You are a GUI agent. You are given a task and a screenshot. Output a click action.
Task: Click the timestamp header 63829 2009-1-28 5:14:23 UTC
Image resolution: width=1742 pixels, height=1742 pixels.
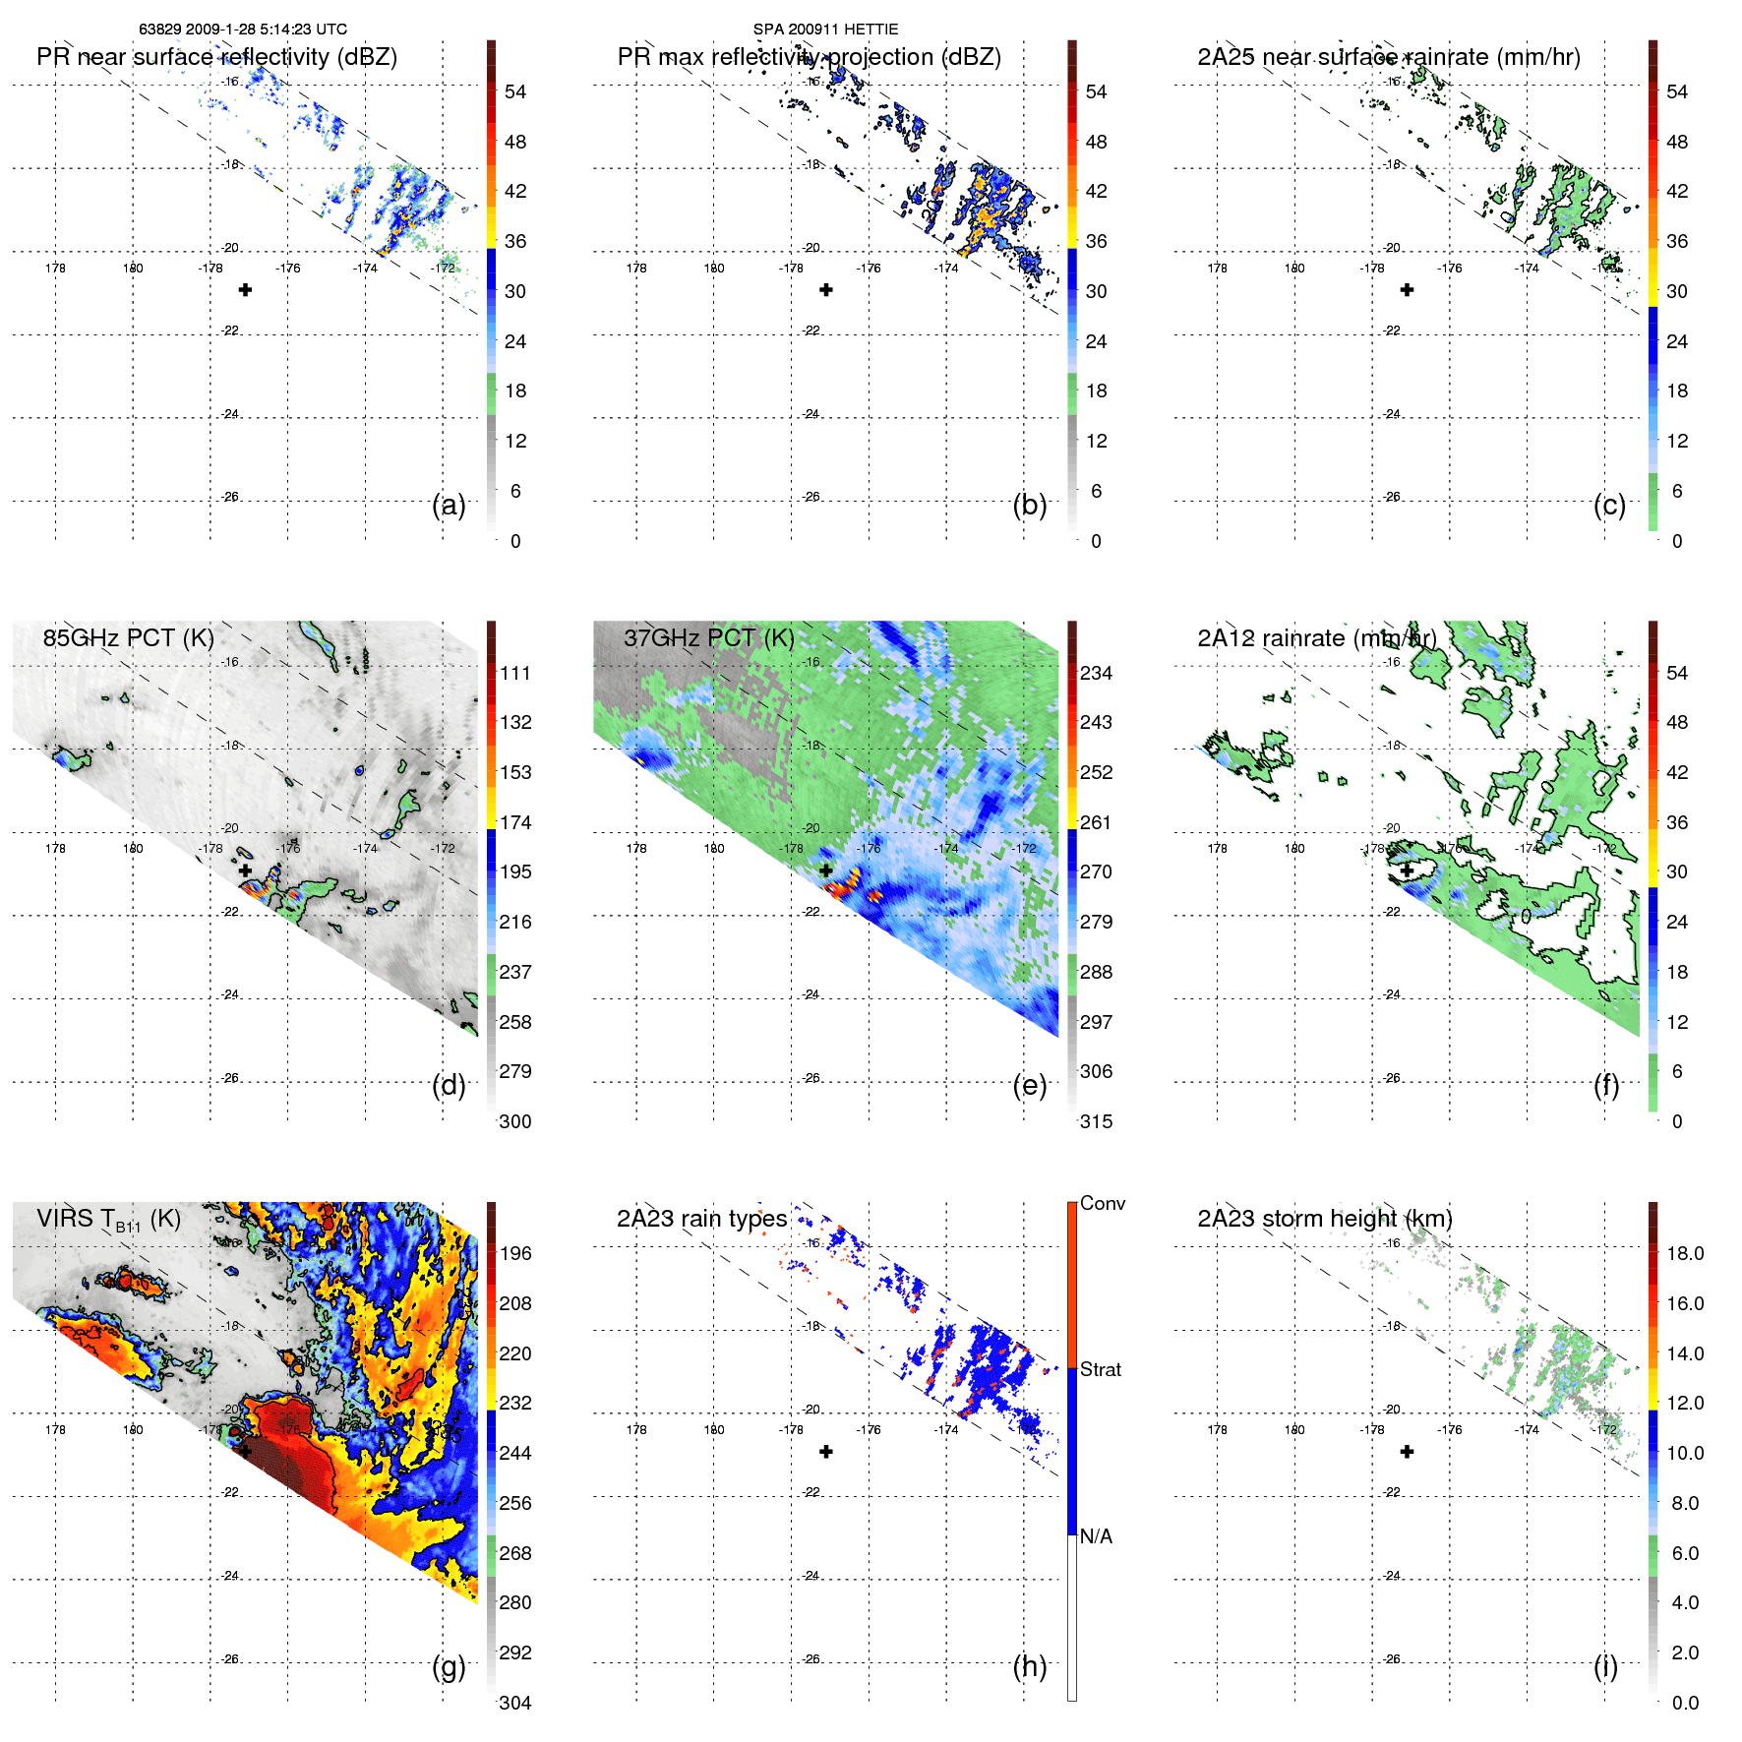pos(243,30)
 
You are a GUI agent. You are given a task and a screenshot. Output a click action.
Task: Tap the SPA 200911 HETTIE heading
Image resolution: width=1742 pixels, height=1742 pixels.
pos(825,30)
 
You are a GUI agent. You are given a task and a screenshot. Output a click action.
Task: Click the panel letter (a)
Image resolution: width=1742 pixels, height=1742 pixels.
pos(449,506)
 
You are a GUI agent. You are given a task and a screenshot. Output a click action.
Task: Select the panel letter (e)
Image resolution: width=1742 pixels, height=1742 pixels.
pos(1029,1086)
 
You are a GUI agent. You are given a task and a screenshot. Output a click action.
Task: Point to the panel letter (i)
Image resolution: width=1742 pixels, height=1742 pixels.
pos(1605,1666)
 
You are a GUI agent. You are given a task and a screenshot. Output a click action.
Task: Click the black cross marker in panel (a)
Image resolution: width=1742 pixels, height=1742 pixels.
pos(245,290)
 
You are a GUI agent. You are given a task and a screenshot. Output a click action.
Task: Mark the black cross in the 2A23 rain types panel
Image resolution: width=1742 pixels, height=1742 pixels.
pos(826,1452)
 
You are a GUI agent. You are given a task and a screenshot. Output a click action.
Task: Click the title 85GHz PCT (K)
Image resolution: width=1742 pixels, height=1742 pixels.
pos(128,638)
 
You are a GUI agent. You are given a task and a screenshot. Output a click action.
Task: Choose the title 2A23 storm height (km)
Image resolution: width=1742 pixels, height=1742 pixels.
pos(1324,1219)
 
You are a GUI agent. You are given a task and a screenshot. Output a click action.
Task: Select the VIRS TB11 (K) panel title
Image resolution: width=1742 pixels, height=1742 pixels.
pos(108,1220)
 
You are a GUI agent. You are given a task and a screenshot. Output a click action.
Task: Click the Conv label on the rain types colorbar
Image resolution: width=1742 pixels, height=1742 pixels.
pos(1103,1203)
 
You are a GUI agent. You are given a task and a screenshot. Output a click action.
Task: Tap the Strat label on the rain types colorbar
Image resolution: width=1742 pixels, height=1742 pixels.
pos(1101,1369)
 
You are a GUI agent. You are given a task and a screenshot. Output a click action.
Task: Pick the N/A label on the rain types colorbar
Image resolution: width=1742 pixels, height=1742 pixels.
pos(1096,1536)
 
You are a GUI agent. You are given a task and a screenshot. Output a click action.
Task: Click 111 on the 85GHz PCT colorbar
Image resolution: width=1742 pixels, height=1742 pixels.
pos(515,673)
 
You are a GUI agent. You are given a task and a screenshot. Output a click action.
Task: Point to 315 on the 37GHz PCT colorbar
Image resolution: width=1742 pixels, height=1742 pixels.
pos(1096,1121)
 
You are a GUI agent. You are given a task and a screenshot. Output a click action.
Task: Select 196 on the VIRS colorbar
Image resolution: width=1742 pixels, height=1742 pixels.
pos(515,1253)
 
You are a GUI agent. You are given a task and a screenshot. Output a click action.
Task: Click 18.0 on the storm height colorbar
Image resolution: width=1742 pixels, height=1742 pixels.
pos(1685,1253)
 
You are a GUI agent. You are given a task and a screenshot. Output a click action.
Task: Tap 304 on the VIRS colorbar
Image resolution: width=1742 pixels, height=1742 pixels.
pos(515,1703)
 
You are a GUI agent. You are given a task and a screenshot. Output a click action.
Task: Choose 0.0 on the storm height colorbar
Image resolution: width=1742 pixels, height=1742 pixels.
pos(1685,1703)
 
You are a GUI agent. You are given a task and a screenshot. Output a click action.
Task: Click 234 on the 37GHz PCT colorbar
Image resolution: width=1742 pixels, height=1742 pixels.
pos(1096,673)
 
